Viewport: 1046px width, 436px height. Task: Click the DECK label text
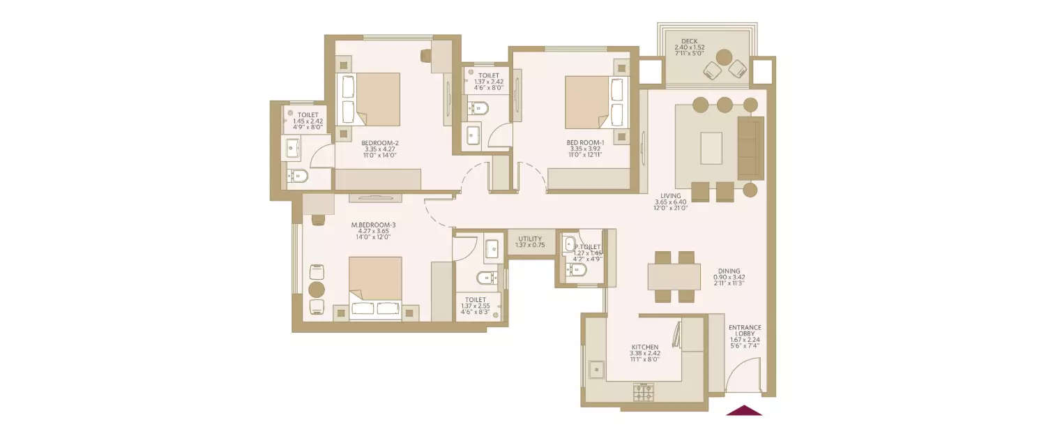click(690, 41)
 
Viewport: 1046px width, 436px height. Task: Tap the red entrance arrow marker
click(744, 410)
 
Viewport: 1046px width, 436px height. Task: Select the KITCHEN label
click(645, 346)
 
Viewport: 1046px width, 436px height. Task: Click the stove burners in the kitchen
click(643, 392)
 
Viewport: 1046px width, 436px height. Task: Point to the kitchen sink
click(597, 370)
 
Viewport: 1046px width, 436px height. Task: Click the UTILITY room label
click(530, 239)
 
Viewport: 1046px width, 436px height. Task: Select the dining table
click(674, 276)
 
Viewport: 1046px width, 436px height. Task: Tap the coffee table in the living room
click(711, 147)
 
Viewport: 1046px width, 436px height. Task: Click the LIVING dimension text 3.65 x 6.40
click(670, 202)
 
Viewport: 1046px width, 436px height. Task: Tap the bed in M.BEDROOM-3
click(375, 287)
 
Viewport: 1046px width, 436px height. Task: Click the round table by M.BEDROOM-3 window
click(317, 290)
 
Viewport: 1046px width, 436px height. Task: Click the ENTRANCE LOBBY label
click(744, 331)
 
